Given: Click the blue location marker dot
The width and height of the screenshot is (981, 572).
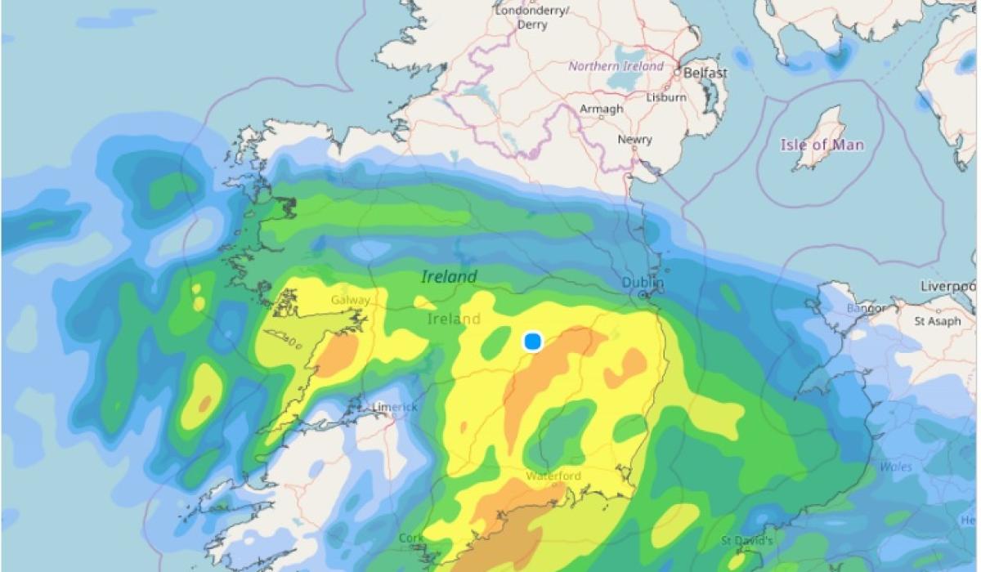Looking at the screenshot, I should pos(533,341).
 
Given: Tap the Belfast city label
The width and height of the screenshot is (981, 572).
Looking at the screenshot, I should pos(705,73).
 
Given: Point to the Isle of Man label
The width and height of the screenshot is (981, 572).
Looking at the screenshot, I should pos(822,145).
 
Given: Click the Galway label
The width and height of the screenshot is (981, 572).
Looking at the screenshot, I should pos(351,300).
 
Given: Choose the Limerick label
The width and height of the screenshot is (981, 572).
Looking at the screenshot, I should pos(395,407).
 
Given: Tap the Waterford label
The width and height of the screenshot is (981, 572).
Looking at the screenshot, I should pos(553,476).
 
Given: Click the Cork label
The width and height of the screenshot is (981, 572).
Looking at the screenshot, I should pos(410,538).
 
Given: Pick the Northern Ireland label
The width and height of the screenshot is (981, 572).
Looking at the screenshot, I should pos(616,66).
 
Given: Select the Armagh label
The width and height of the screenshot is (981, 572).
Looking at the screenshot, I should pos(601,109).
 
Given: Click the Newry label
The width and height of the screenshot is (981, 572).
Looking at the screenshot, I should pos(634,140).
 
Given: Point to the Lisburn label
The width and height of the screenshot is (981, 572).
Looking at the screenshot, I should pos(665,96).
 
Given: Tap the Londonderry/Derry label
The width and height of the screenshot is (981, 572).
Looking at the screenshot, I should pos(532,17).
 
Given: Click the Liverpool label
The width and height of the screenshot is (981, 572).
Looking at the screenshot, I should pos(948,286).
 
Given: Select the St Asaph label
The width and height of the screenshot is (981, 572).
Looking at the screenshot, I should pos(937,321).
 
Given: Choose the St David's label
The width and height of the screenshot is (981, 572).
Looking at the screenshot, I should pos(747,540).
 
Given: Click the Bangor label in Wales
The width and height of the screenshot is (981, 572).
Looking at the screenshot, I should pos(865,309).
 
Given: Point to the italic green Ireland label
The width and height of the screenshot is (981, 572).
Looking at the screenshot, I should pos(449,277).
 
